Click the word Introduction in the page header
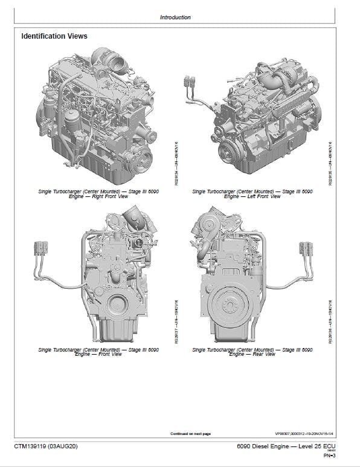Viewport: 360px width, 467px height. point(175,18)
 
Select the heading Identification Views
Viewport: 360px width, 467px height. point(54,37)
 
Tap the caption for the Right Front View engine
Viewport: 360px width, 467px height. point(98,194)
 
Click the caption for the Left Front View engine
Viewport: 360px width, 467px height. point(252,194)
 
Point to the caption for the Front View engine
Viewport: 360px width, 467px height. point(98,352)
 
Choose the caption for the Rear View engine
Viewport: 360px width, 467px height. point(252,352)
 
